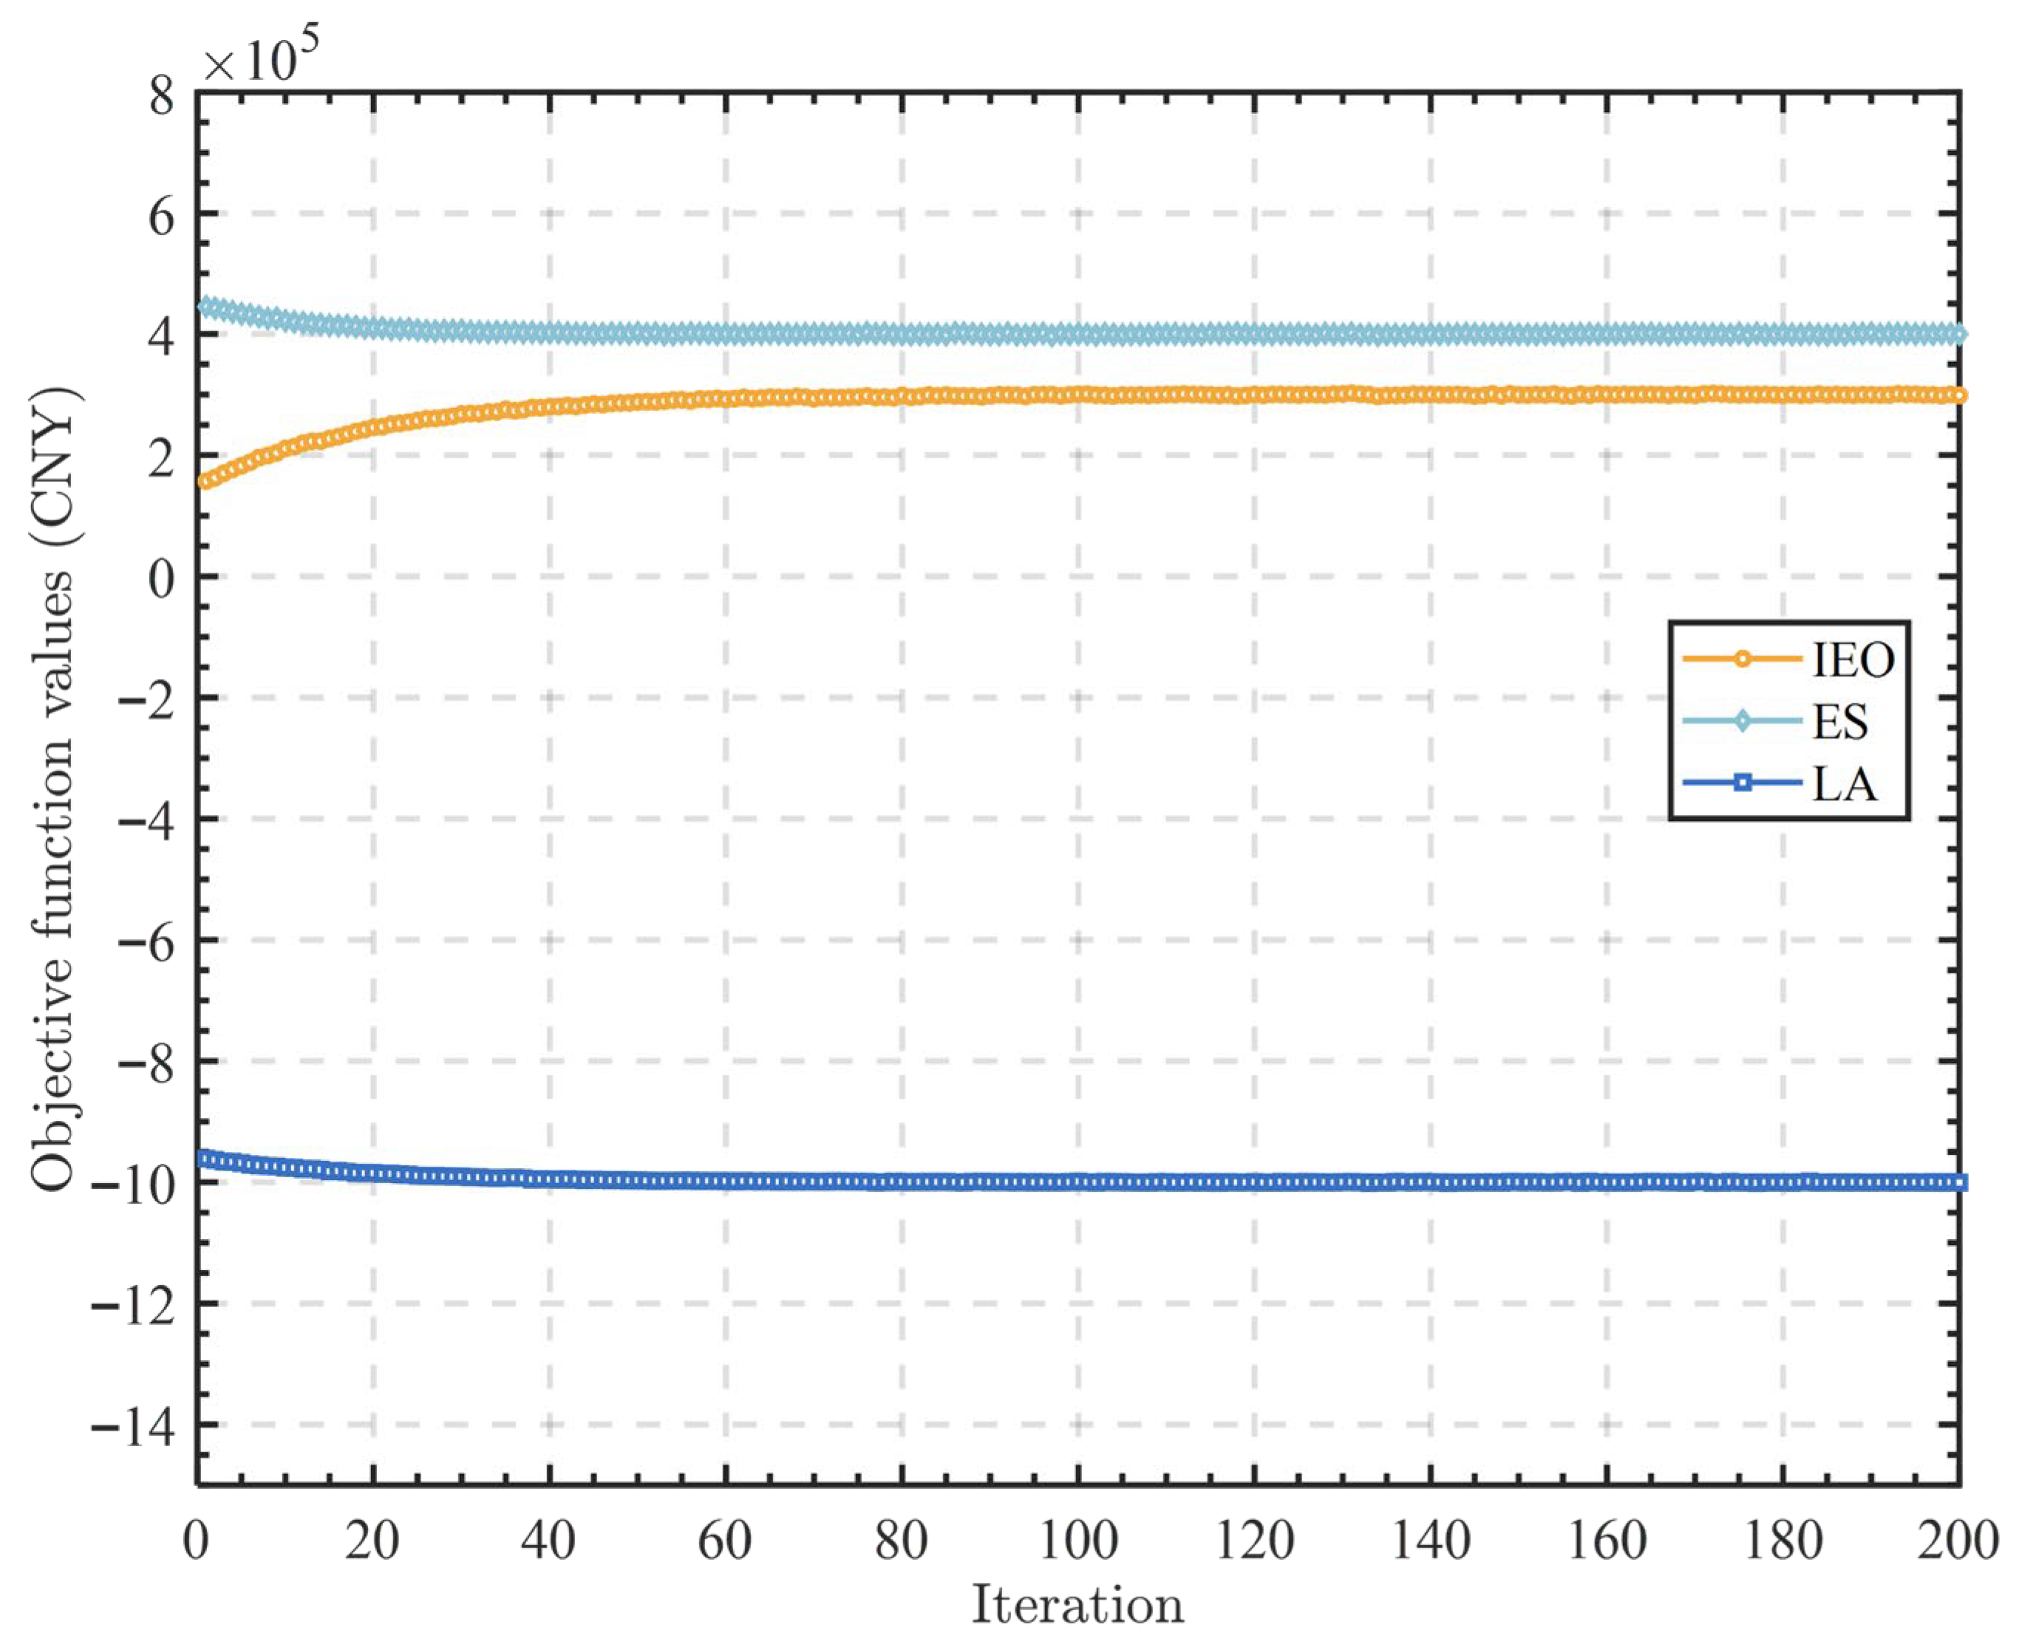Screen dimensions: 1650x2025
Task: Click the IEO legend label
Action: tap(1852, 660)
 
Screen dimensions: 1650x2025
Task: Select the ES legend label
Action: tap(1839, 723)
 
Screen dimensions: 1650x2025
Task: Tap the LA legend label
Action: tap(1845, 785)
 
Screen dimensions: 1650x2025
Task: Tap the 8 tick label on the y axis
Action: tap(162, 95)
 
